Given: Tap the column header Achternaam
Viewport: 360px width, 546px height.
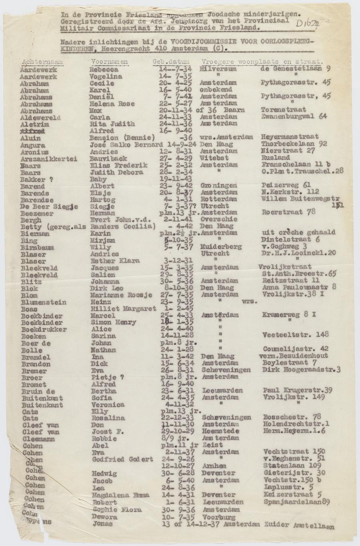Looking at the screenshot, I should click(x=40, y=62).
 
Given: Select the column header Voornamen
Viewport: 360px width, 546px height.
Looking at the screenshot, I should click(x=110, y=62).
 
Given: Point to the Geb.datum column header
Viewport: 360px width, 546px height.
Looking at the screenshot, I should click(x=171, y=62).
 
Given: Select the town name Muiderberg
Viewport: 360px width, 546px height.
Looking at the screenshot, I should click(x=221, y=247).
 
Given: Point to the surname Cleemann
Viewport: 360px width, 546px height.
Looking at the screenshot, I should click(x=36, y=439).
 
